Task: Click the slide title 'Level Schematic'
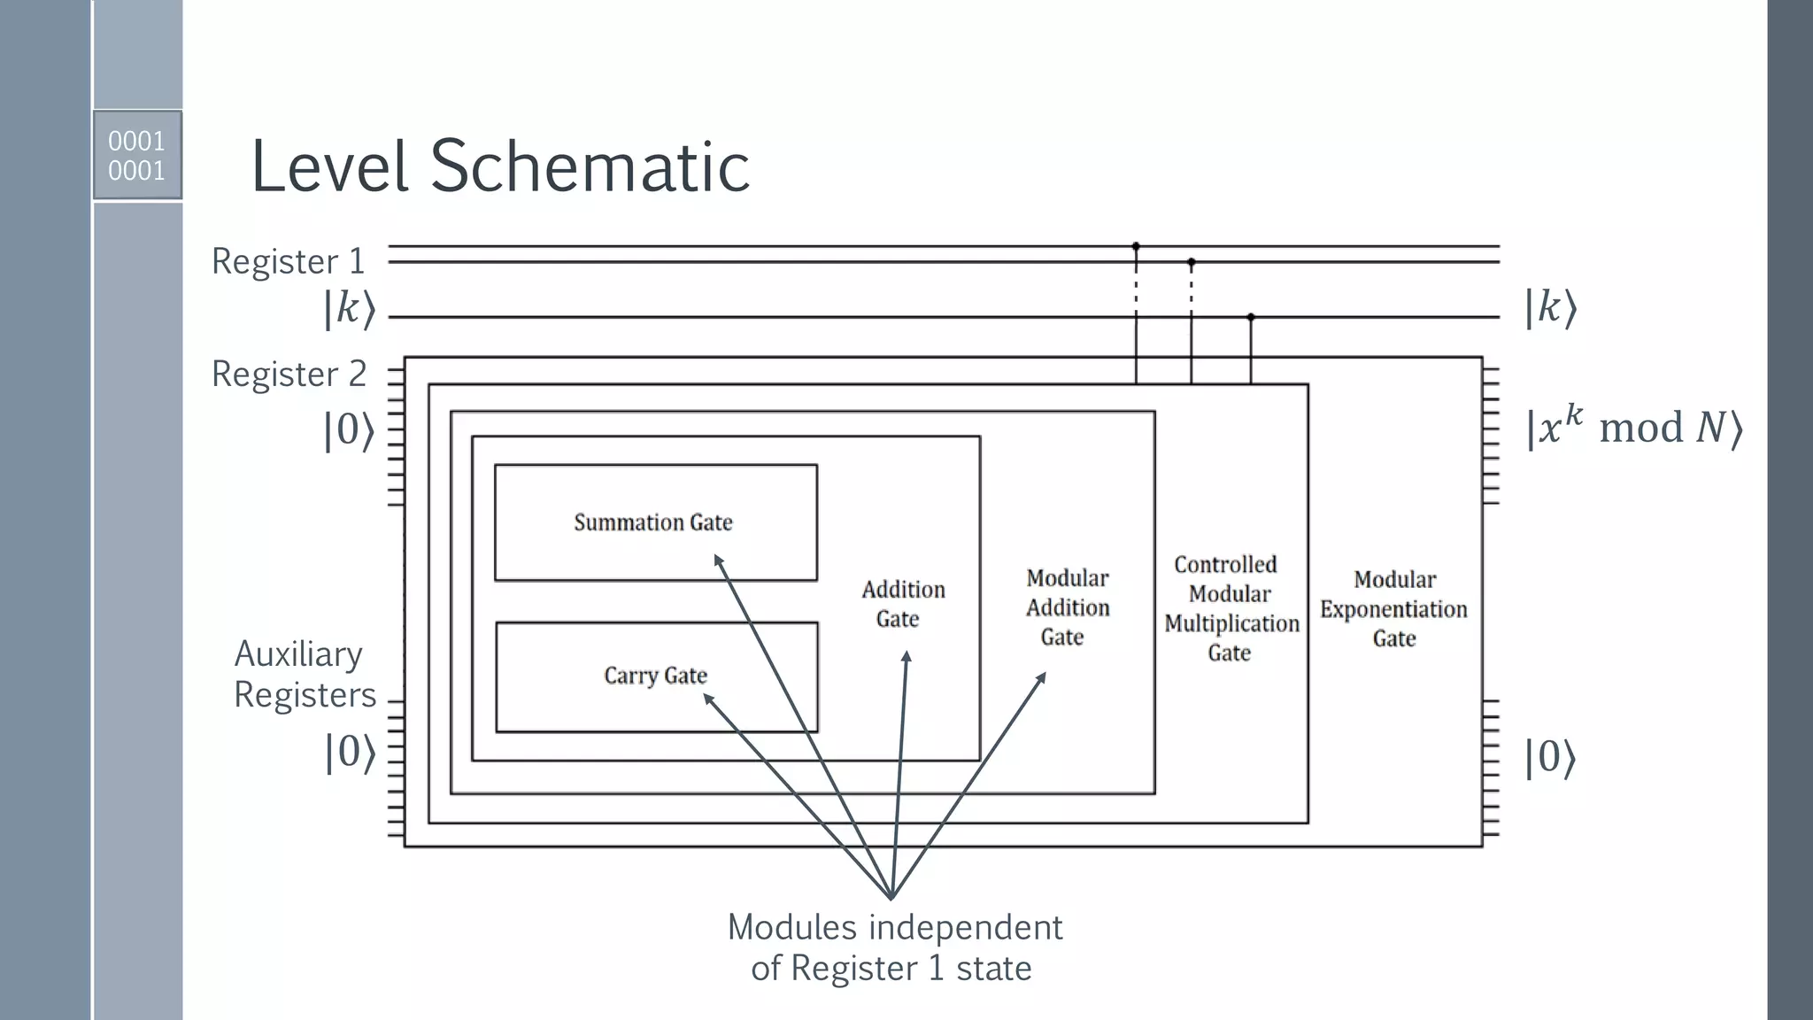point(500,166)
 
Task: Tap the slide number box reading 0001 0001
point(137,155)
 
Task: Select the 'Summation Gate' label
point(653,522)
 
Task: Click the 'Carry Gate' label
point(655,676)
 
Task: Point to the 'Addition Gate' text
point(902,604)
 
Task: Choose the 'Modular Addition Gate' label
point(1067,607)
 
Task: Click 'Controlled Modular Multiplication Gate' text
point(1231,608)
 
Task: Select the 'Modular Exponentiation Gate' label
point(1393,609)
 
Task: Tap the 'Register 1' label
point(288,261)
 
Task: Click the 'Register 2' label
point(289,374)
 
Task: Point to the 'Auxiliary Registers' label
point(304,674)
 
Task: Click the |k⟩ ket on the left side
point(349,309)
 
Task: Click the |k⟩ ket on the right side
point(1550,308)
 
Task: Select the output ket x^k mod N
point(1633,428)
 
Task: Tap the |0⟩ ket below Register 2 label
point(349,431)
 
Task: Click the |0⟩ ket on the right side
point(1550,759)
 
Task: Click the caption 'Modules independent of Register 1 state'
point(893,947)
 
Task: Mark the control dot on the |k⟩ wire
point(1251,317)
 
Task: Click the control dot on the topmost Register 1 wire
point(1136,246)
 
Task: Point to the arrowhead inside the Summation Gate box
point(718,560)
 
